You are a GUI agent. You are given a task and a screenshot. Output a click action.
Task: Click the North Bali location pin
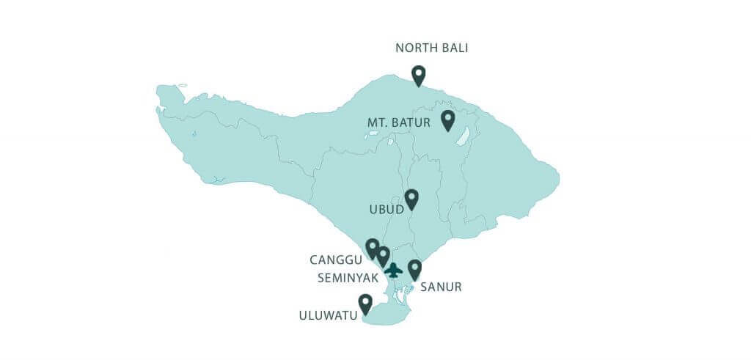tap(418, 76)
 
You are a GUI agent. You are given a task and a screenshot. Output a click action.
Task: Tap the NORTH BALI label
tap(431, 48)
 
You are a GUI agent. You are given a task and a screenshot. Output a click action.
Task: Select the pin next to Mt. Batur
tap(447, 120)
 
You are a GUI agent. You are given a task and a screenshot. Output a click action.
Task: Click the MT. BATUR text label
tap(398, 122)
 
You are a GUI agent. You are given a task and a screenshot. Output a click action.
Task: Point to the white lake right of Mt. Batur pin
tap(463, 136)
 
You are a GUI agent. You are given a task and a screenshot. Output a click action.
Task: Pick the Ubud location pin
tap(411, 199)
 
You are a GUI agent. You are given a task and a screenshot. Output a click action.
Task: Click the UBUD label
tap(387, 210)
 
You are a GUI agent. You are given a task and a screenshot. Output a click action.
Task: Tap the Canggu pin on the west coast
tap(372, 248)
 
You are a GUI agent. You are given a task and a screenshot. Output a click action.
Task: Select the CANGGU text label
tap(335, 260)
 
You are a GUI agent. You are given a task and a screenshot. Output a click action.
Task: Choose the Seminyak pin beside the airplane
tap(383, 256)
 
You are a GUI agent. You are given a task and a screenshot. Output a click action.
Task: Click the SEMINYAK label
tap(347, 278)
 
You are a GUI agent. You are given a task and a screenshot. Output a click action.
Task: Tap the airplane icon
tap(394, 270)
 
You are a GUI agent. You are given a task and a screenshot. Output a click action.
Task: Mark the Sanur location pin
tap(414, 269)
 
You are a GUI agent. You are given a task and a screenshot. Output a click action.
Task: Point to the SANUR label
tap(441, 287)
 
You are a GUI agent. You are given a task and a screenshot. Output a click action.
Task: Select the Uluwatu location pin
tap(364, 304)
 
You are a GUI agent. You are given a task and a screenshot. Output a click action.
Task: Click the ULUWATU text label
tap(328, 316)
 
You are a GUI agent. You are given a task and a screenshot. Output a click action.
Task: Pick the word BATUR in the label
tap(413, 122)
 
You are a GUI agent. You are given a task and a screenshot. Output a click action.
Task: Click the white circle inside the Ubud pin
tap(411, 196)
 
